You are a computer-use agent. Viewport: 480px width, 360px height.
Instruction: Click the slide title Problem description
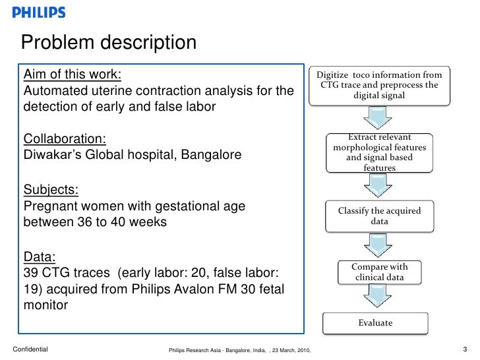click(x=109, y=43)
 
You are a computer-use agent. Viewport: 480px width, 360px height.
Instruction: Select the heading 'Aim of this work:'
click(x=73, y=73)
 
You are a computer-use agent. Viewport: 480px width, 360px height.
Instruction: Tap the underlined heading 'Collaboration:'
click(x=65, y=139)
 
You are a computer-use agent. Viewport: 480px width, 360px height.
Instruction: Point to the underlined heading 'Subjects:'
click(x=51, y=190)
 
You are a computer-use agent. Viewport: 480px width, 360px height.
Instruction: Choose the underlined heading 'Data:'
click(x=40, y=256)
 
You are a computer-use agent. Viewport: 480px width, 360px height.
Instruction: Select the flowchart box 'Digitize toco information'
click(x=379, y=85)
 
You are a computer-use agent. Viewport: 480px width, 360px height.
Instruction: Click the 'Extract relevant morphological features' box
click(x=379, y=152)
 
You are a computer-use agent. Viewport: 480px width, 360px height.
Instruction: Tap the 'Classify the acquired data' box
click(x=379, y=216)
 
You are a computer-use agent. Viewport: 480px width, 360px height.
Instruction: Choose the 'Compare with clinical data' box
click(x=379, y=272)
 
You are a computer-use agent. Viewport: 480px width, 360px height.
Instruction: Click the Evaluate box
click(x=375, y=323)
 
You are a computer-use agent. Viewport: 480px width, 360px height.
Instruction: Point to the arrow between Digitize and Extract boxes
click(x=377, y=119)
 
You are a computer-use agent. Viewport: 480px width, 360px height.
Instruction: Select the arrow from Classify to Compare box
click(x=377, y=246)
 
